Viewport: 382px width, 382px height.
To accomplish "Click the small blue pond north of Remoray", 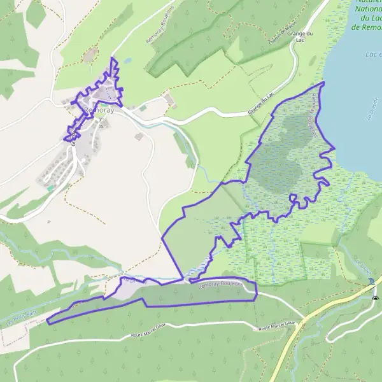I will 127,61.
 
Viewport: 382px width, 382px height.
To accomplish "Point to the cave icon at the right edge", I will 376,297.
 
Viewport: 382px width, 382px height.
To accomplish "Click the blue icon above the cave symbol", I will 371,281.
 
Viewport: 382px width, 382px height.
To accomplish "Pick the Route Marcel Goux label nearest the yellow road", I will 274,329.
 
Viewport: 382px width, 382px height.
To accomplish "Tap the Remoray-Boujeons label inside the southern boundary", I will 220,285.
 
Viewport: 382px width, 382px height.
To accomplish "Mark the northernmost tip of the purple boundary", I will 113,58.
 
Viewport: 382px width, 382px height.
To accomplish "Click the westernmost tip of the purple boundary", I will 47,322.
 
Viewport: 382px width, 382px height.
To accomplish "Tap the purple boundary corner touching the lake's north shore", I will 323,83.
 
